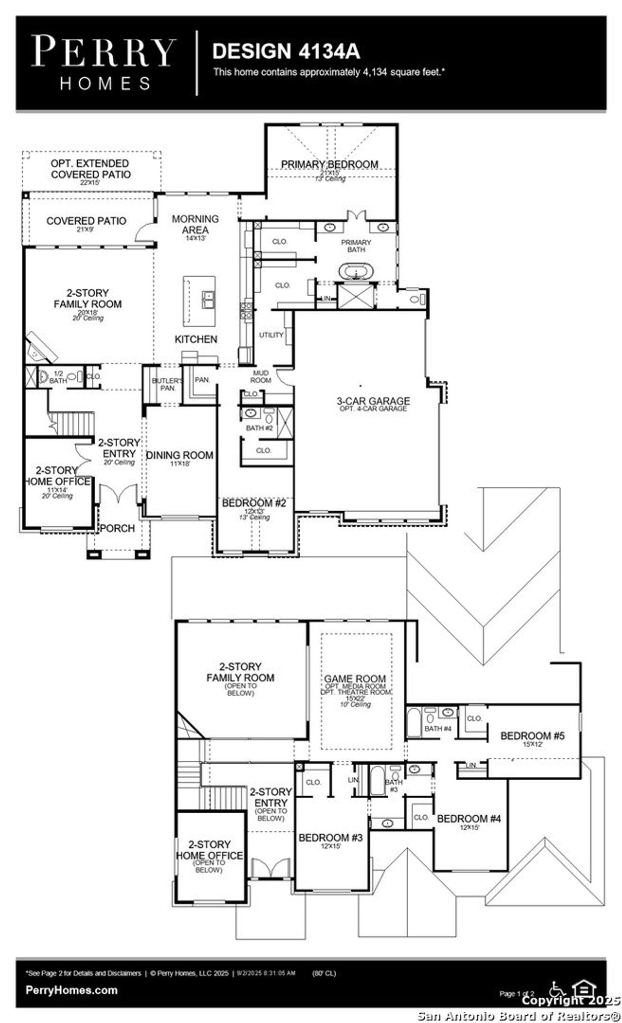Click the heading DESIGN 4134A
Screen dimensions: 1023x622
(x=286, y=51)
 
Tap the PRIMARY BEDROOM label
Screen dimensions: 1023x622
(x=329, y=164)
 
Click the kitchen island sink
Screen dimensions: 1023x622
(x=208, y=300)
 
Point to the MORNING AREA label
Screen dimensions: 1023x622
(x=195, y=224)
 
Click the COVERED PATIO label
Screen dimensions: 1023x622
(x=86, y=221)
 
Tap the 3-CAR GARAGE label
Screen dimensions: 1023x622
(x=373, y=401)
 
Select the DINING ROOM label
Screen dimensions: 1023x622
(x=180, y=455)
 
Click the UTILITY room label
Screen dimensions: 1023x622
(x=271, y=335)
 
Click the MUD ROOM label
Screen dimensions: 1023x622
(x=260, y=377)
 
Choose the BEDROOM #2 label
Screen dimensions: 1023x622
(x=254, y=503)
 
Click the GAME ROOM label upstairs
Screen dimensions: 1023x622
(x=355, y=678)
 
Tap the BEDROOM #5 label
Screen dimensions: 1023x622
(x=532, y=736)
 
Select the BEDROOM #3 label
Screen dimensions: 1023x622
(x=330, y=838)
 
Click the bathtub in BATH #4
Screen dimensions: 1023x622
(x=415, y=722)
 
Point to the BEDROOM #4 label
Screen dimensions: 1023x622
(x=468, y=819)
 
